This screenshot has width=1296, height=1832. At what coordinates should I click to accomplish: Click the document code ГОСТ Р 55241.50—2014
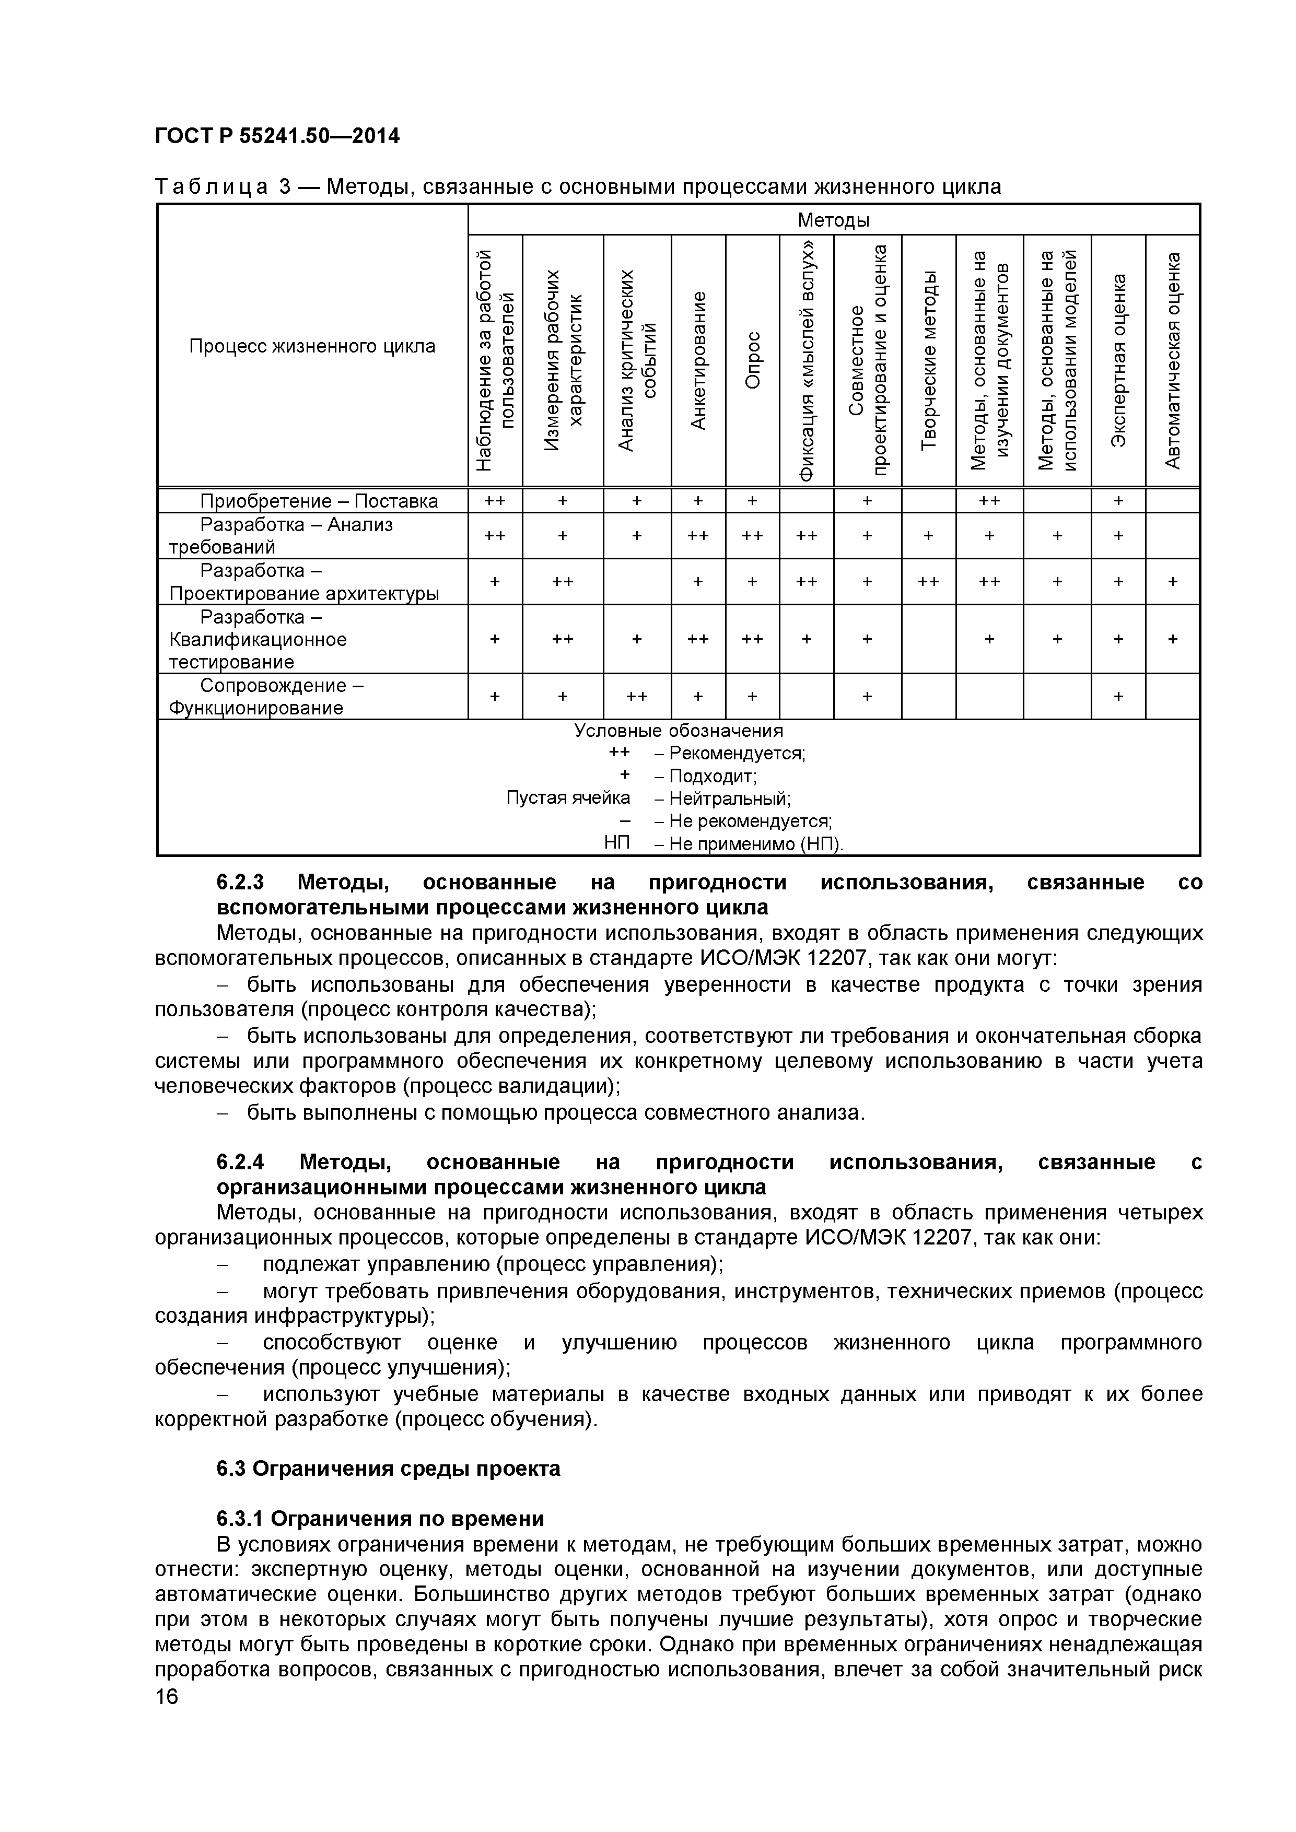coord(277,136)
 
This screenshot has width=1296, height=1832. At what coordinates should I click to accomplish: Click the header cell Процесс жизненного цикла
coord(312,346)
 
